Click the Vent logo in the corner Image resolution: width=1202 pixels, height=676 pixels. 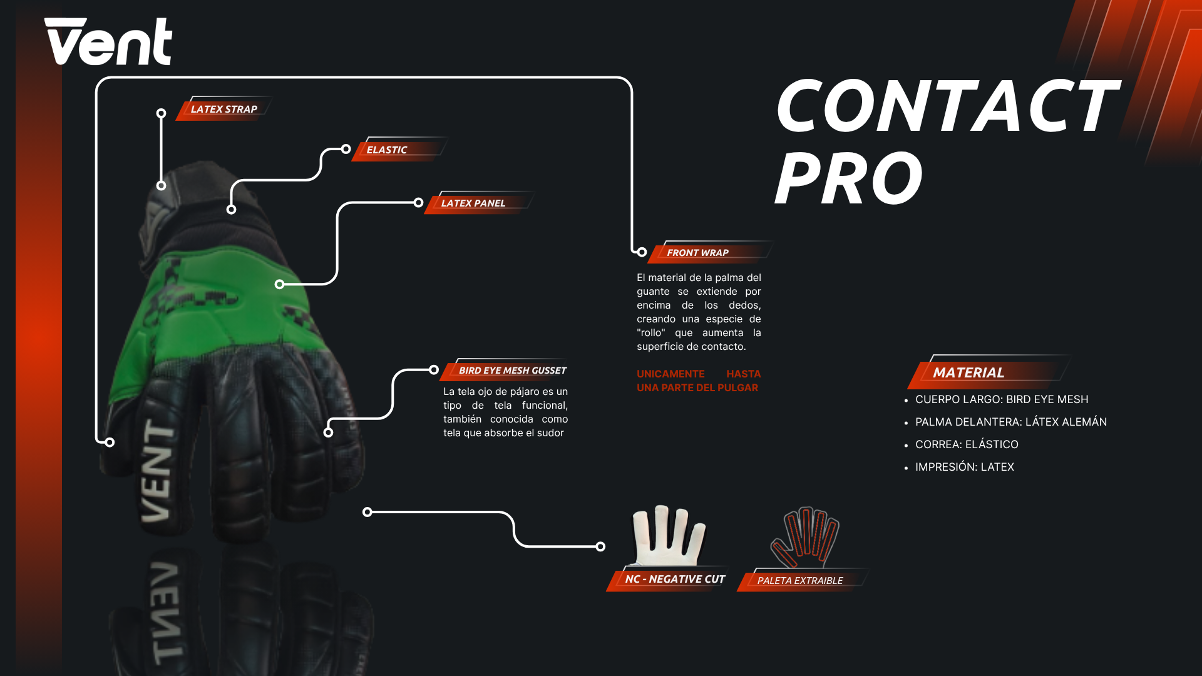(108, 41)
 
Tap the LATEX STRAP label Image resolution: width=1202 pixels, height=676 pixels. (223, 109)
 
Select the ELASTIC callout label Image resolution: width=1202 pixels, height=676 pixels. (387, 150)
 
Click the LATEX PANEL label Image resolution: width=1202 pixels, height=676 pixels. (473, 203)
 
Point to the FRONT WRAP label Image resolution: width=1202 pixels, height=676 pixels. (697, 252)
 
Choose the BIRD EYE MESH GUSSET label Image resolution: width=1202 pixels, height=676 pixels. (512, 370)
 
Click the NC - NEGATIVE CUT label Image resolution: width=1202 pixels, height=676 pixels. (674, 579)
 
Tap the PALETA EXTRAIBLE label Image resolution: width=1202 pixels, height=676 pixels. (799, 580)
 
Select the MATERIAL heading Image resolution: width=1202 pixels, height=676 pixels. (968, 372)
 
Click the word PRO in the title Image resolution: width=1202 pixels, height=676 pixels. (849, 179)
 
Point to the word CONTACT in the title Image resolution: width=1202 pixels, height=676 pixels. (947, 106)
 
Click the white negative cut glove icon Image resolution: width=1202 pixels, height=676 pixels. (668, 535)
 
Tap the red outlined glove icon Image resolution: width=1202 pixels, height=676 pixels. (806, 537)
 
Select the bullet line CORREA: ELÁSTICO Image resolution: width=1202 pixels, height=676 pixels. (967, 444)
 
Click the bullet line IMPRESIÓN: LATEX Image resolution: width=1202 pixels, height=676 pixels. (964, 467)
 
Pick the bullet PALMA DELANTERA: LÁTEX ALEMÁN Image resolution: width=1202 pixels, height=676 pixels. (1010, 422)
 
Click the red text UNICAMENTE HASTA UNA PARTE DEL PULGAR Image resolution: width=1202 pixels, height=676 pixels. (698, 381)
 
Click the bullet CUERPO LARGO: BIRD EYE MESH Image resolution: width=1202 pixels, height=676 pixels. (1002, 399)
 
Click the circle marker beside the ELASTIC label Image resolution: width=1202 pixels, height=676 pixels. (346, 149)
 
